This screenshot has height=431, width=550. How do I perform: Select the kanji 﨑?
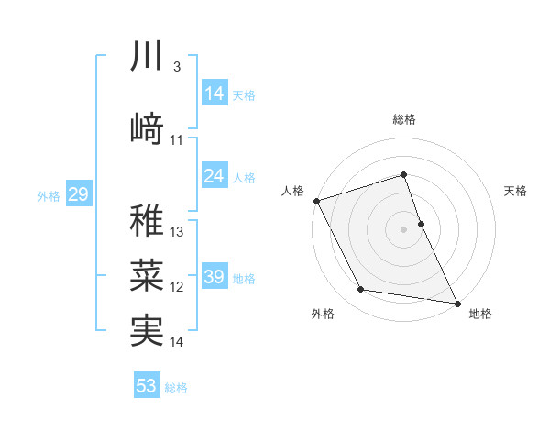147,129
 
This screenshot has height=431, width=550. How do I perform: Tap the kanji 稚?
147,220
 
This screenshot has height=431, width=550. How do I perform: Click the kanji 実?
147,330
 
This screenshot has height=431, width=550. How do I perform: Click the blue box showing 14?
214,94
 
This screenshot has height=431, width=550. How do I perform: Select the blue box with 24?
214,176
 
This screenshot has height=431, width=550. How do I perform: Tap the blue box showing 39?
214,277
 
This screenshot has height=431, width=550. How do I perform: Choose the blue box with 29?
78,194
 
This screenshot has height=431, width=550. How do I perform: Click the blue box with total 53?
147,386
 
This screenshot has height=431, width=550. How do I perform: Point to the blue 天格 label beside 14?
245,94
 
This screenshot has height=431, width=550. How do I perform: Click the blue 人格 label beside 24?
245,177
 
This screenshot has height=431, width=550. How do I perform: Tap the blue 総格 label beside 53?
177,387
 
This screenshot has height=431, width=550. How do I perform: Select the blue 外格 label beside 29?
49,195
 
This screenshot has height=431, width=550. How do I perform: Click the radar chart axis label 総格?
404,120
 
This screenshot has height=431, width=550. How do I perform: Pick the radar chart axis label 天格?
516,191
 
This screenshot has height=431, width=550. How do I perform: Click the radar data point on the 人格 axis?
316,200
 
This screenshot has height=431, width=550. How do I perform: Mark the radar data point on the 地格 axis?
456,302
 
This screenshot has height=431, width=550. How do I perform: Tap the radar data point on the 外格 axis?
360,290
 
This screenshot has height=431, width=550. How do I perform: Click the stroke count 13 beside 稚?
178,232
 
